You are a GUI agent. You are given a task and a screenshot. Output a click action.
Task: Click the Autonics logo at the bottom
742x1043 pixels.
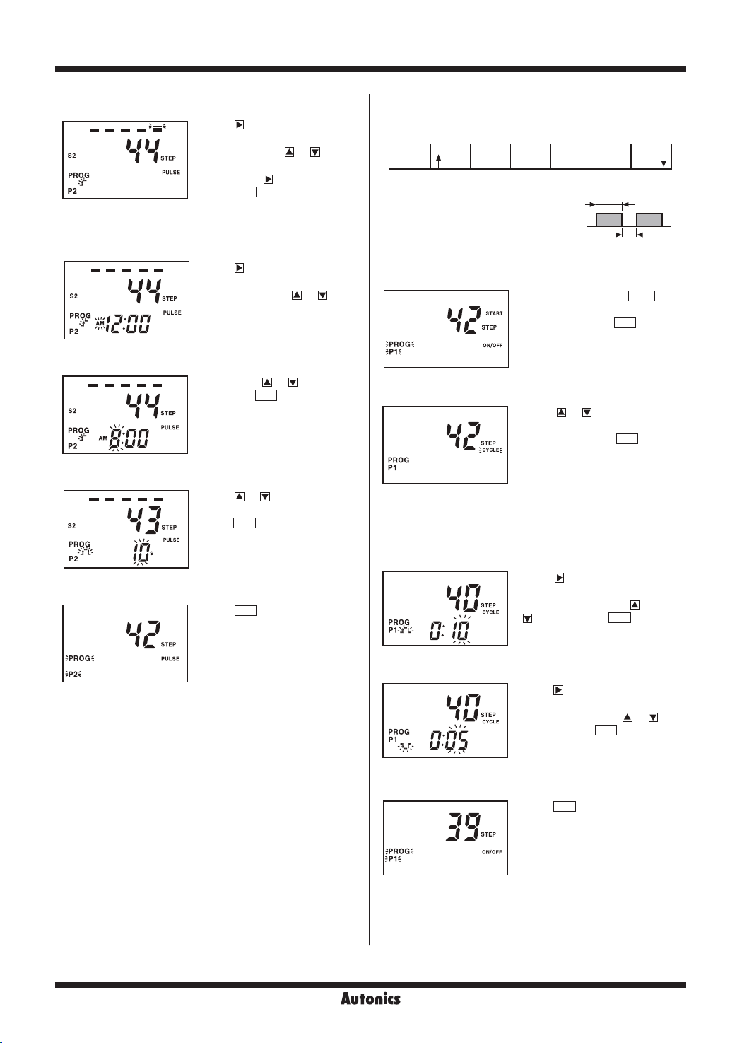370,998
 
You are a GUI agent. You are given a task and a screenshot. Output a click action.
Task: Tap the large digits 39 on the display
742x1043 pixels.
463,827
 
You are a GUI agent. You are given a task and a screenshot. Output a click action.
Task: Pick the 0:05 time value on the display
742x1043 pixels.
448,740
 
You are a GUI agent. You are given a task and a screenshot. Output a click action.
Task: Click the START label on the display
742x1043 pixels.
494,313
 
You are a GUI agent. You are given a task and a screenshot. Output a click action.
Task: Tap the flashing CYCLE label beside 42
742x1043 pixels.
490,450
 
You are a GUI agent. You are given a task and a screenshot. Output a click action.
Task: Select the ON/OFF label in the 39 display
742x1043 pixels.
492,852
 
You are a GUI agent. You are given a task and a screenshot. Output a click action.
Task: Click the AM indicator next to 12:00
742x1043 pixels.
100,322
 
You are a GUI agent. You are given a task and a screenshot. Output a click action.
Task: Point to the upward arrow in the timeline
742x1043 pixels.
439,160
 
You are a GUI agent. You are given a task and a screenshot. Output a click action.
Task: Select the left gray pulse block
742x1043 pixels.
608,219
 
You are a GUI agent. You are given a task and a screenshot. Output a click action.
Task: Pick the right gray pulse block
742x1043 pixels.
649,219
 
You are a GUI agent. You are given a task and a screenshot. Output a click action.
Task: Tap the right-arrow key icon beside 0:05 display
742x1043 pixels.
558,690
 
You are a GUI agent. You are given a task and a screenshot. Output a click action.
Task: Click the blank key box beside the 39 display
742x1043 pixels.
564,806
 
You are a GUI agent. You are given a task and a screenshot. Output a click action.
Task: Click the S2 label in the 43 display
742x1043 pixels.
72,526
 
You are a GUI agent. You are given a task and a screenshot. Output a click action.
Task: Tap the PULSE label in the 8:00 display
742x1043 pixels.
170,427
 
